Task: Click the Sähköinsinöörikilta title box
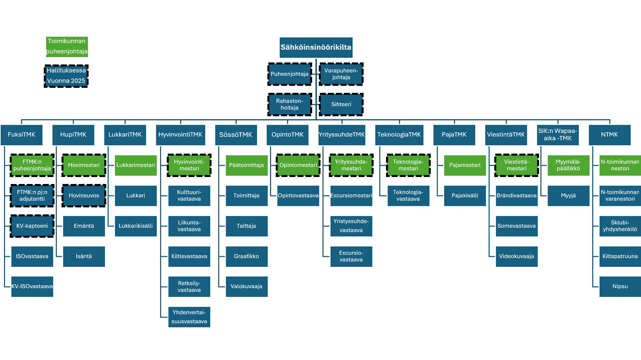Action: point(316,47)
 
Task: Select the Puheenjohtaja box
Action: point(289,74)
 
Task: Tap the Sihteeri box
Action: point(341,104)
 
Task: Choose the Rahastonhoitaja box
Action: point(289,104)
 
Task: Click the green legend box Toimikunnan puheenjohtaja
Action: point(67,46)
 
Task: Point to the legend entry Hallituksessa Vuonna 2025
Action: point(66,76)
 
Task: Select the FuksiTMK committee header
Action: point(21,135)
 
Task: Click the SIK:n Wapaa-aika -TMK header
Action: point(557,135)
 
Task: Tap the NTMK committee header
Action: point(609,135)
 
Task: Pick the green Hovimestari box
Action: point(84,165)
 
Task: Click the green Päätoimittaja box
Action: point(246,165)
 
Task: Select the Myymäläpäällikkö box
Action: point(568,165)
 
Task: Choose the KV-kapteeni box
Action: point(32,226)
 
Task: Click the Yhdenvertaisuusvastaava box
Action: point(189,317)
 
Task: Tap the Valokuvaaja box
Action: point(246,287)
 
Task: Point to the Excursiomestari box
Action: point(351,195)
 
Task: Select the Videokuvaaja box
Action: point(516,256)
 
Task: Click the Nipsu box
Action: point(620,287)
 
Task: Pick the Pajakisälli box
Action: point(465,195)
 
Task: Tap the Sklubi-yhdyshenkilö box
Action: point(620,226)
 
